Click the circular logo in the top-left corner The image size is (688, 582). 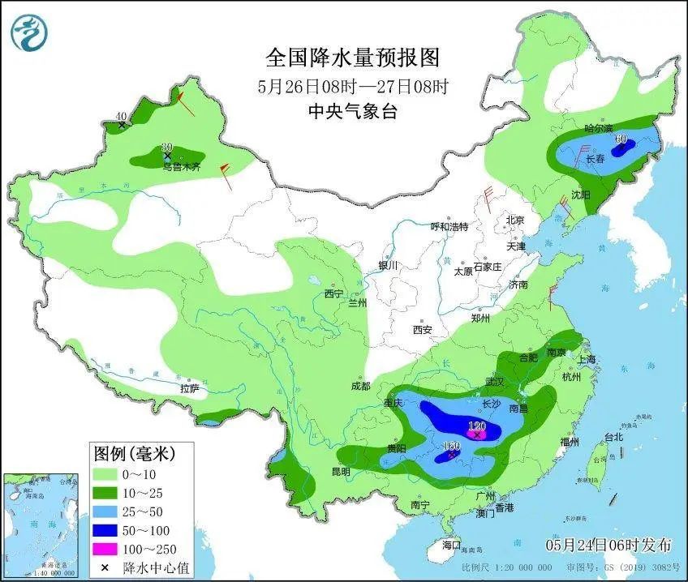pyautogui.click(x=29, y=31)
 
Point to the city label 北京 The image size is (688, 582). pyautogui.click(x=515, y=220)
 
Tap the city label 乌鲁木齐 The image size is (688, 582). pyautogui.click(x=178, y=167)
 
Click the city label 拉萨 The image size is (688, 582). pyautogui.click(x=188, y=389)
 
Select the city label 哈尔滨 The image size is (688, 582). pyautogui.click(x=599, y=129)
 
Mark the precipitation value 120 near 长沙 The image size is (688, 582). pyautogui.click(x=476, y=426)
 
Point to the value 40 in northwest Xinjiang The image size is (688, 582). pyautogui.click(x=121, y=116)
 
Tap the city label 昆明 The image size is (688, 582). pyautogui.click(x=340, y=472)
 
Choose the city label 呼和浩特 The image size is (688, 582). pyautogui.click(x=449, y=227)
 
